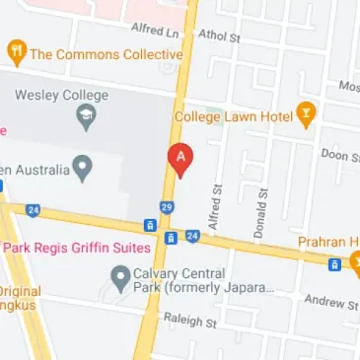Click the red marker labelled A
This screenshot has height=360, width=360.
pos(180,158)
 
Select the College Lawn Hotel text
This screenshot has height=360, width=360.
pos(233,116)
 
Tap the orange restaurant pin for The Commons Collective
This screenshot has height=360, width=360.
pos(16,52)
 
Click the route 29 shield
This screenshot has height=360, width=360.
pos(167,206)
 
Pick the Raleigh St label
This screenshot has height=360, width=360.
pos(188,321)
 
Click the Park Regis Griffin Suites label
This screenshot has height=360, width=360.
pos(79,248)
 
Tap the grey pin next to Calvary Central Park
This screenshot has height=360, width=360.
pos(119,276)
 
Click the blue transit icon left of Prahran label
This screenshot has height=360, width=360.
pos(334,263)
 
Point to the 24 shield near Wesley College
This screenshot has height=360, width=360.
pos(34,209)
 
